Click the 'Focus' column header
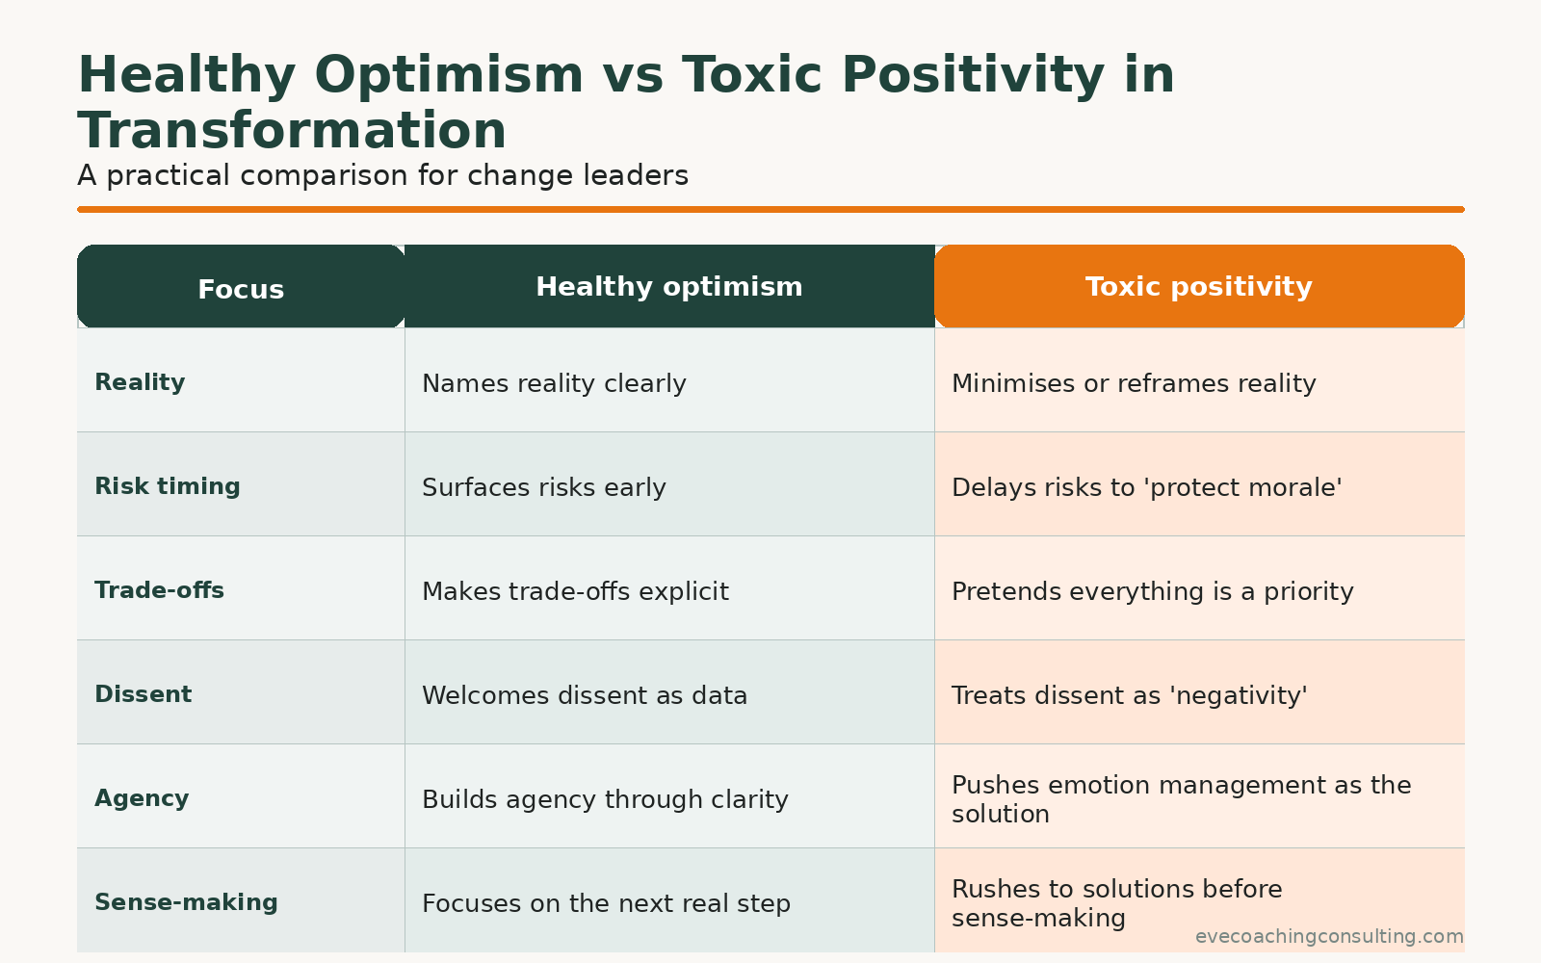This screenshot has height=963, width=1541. pyautogui.click(x=241, y=289)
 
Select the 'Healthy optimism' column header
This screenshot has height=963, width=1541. pyautogui.click(x=668, y=287)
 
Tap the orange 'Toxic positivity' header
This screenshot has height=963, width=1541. pyautogui.click(x=1198, y=287)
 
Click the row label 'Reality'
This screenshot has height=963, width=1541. pyautogui.click(x=140, y=382)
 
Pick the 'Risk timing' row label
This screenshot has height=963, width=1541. pyautogui.click(x=167, y=486)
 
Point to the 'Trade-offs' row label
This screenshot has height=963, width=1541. pyautogui.click(x=159, y=590)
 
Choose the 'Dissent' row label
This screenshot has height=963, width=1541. pyautogui.click(x=143, y=694)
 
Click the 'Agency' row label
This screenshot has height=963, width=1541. pyautogui.click(x=142, y=798)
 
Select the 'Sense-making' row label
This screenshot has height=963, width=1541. pyautogui.click(x=186, y=902)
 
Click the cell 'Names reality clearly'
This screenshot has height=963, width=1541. pyautogui.click(x=554, y=383)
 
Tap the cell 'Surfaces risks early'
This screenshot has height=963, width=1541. pyautogui.click(x=544, y=487)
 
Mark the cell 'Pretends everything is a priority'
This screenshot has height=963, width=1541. pyautogui.click(x=1152, y=591)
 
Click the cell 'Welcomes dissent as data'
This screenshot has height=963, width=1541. pyautogui.click(x=585, y=695)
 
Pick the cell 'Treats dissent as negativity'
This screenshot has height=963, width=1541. pyautogui.click(x=1129, y=695)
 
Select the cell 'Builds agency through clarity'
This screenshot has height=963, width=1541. pyautogui.click(x=605, y=799)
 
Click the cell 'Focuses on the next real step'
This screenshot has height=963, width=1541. pyautogui.click(x=606, y=903)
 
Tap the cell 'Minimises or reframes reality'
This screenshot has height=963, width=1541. pyautogui.click(x=1134, y=383)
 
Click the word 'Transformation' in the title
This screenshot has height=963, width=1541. pyautogui.click(x=292, y=131)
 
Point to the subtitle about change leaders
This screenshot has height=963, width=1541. pyautogui.click(x=382, y=175)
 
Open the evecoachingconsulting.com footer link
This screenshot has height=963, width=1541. pyautogui.click(x=1329, y=936)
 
